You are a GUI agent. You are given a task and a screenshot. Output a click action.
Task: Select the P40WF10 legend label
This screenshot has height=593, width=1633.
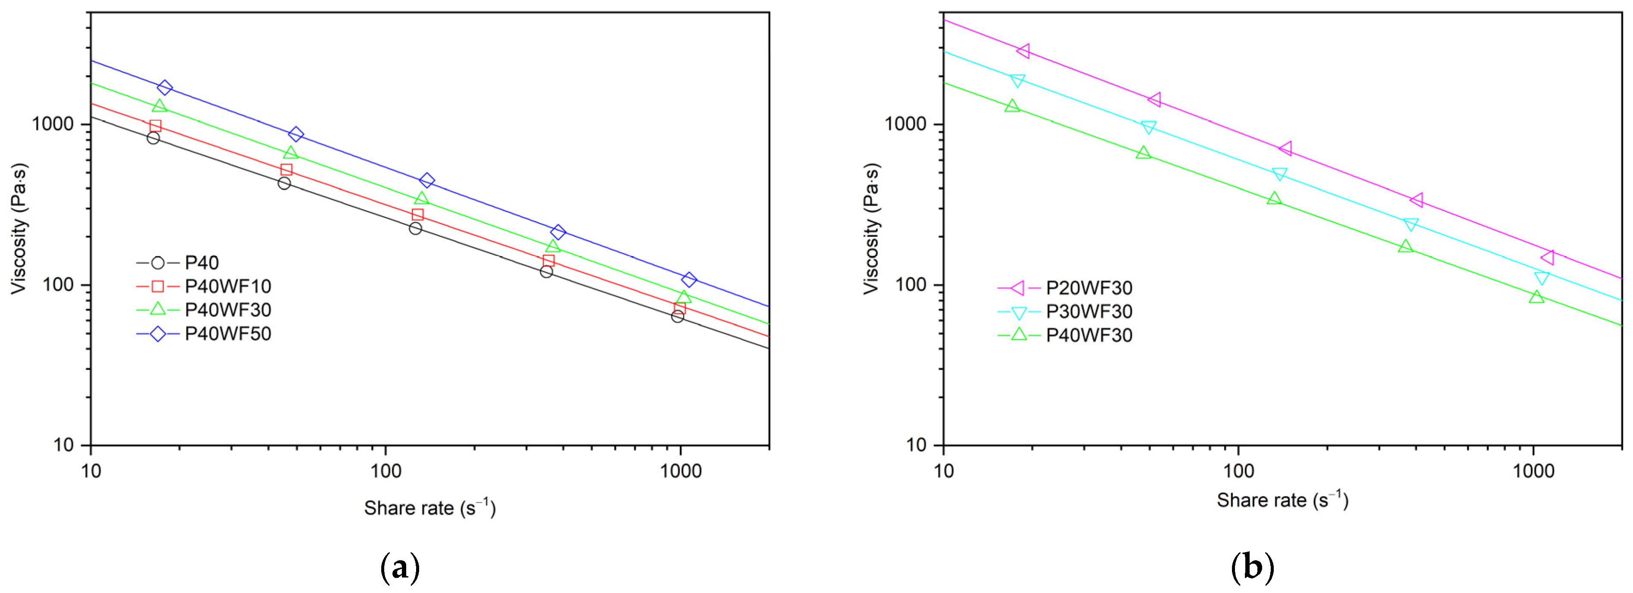tap(227, 286)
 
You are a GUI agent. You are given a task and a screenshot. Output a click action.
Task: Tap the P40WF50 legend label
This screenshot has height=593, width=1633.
tap(227, 334)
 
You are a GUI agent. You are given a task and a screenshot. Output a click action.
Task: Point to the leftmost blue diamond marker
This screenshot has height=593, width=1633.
tap(165, 87)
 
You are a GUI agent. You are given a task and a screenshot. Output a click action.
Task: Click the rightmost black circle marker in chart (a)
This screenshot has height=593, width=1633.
tap(678, 316)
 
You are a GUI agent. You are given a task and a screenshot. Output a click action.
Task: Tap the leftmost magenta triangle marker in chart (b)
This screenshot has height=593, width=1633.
tap(1023, 51)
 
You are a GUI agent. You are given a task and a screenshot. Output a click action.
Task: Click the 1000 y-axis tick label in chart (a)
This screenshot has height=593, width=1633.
tap(53, 124)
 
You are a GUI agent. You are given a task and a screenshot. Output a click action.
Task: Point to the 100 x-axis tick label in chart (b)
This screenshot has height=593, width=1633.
tap(1238, 472)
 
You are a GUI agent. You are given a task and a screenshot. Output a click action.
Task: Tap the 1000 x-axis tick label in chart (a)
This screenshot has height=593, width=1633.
tap(680, 472)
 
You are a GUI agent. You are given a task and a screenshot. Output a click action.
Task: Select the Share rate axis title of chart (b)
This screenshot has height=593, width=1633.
tap(1282, 500)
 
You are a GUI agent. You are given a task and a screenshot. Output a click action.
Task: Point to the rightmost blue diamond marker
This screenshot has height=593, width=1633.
tap(689, 279)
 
